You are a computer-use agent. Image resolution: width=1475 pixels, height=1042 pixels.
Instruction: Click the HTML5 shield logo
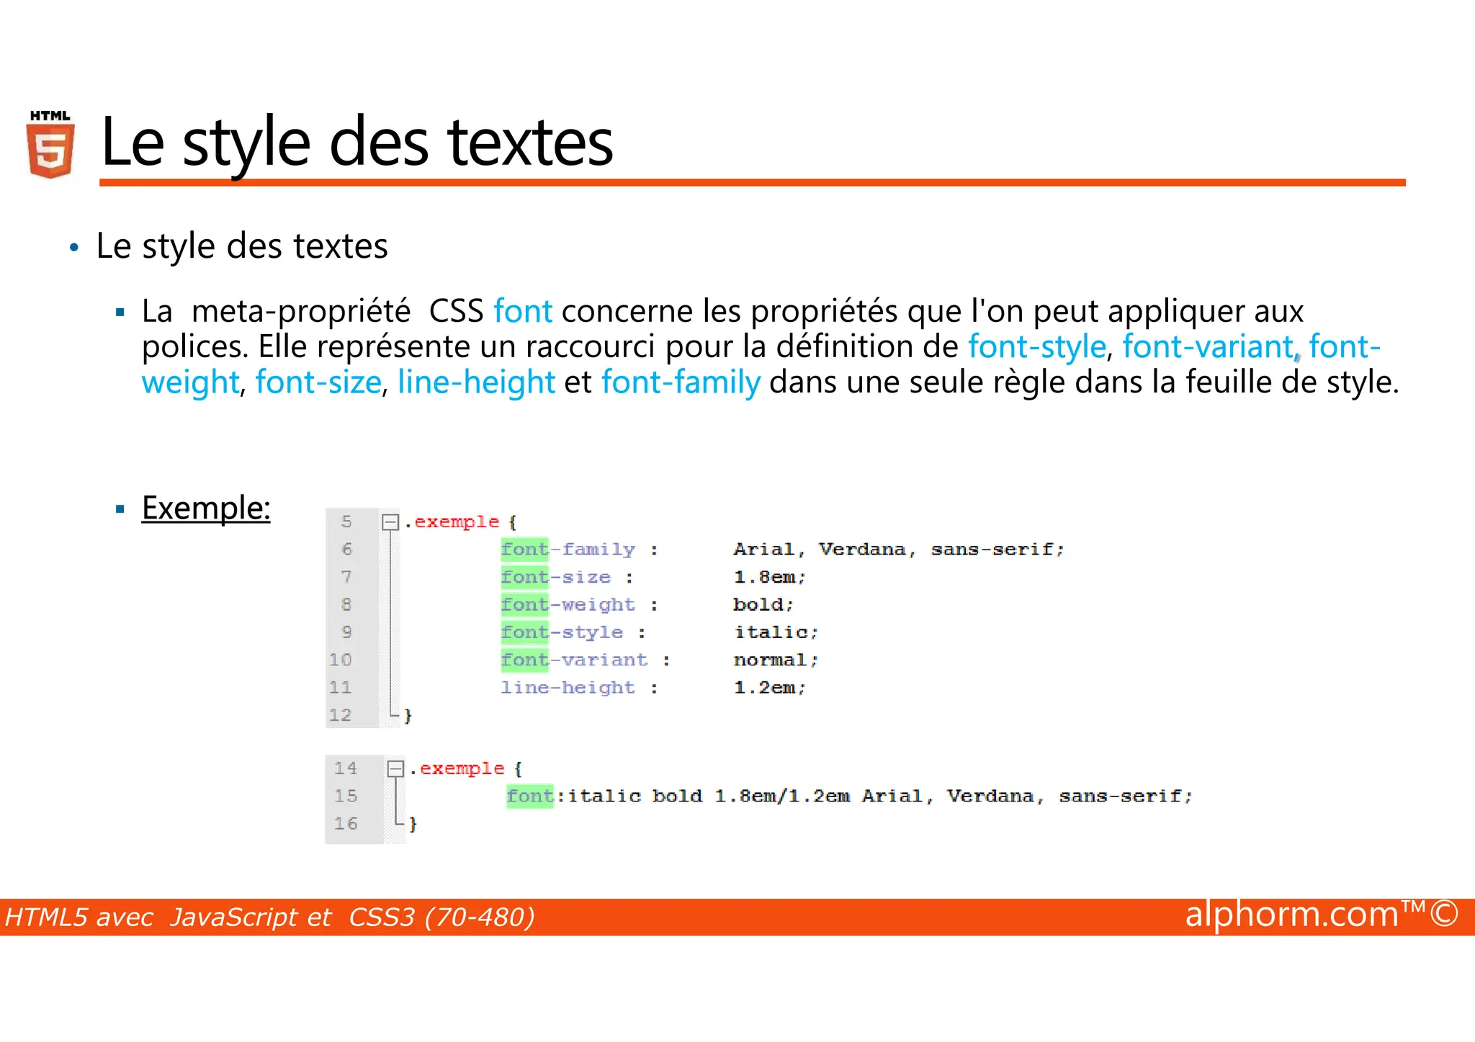pos(50,145)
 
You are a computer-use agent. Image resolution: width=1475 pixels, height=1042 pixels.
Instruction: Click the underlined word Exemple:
pos(206,508)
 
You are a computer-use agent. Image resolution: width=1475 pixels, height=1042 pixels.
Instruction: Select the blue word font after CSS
pos(523,311)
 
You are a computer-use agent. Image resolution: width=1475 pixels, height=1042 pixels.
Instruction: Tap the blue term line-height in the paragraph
pos(476,382)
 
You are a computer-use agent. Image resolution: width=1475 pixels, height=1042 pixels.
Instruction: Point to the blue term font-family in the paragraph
pos(681,382)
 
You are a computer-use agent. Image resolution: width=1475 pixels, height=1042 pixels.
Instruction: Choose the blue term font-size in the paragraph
pos(318,382)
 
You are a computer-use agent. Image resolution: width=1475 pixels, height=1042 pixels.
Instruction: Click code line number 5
pos(346,521)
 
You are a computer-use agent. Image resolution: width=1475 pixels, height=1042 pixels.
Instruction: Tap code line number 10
pos(341,660)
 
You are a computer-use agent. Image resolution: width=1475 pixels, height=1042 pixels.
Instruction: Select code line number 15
pos(346,796)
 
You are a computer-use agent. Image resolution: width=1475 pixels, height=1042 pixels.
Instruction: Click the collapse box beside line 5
pos(390,521)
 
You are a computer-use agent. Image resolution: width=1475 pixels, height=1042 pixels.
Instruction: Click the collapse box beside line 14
pos(395,768)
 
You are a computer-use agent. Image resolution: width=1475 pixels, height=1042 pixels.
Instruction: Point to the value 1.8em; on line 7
pos(769,577)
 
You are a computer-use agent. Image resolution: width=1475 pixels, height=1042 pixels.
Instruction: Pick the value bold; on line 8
pos(763,604)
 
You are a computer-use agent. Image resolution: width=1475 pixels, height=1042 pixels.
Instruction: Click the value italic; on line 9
pos(776,632)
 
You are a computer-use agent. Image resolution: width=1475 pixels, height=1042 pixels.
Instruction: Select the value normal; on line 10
pos(776,660)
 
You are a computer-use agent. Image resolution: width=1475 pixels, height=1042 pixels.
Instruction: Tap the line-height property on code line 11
pos(568,688)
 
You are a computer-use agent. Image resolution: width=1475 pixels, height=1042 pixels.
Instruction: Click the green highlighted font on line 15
pos(530,796)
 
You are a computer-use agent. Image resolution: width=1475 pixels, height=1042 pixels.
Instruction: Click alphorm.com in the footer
pos(1291,915)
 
